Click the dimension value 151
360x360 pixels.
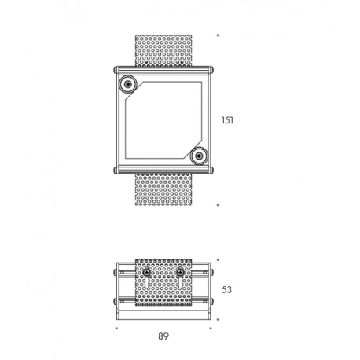click(227, 120)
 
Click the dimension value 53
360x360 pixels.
click(226, 290)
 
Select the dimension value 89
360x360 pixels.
click(163, 336)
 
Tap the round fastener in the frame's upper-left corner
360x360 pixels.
click(128, 84)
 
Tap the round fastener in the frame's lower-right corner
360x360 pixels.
click(199, 156)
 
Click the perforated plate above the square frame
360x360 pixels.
click(163, 50)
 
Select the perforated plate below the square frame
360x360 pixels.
click(163, 189)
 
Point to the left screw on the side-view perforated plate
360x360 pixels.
click(147, 273)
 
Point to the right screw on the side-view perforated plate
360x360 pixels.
click(180, 273)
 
